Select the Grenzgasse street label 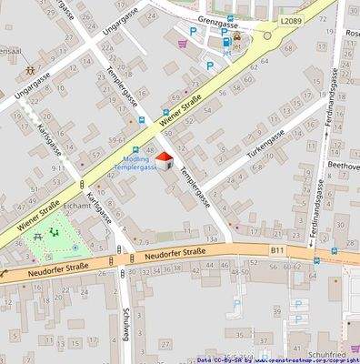[218, 26]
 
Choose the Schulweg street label [125, 318]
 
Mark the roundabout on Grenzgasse [267, 37]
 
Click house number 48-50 [240, 270]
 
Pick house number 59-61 [117, 139]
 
